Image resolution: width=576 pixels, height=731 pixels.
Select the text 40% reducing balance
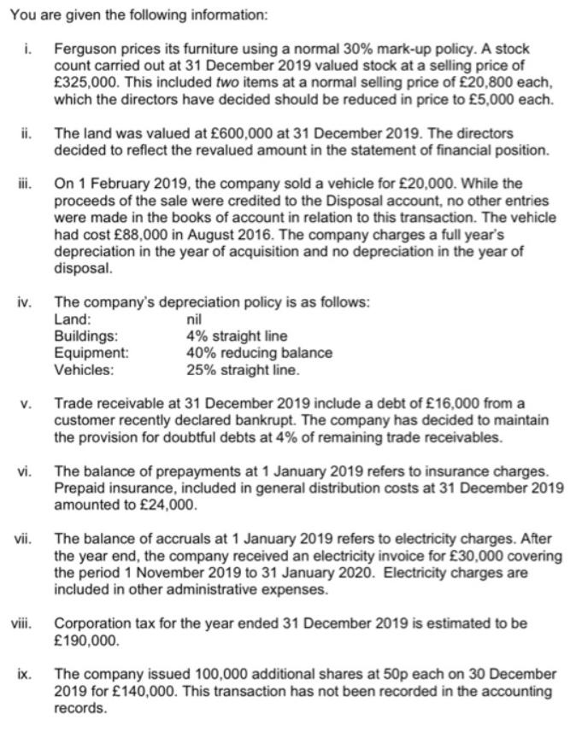(x=259, y=353)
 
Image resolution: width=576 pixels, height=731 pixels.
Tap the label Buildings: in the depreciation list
(x=86, y=336)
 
